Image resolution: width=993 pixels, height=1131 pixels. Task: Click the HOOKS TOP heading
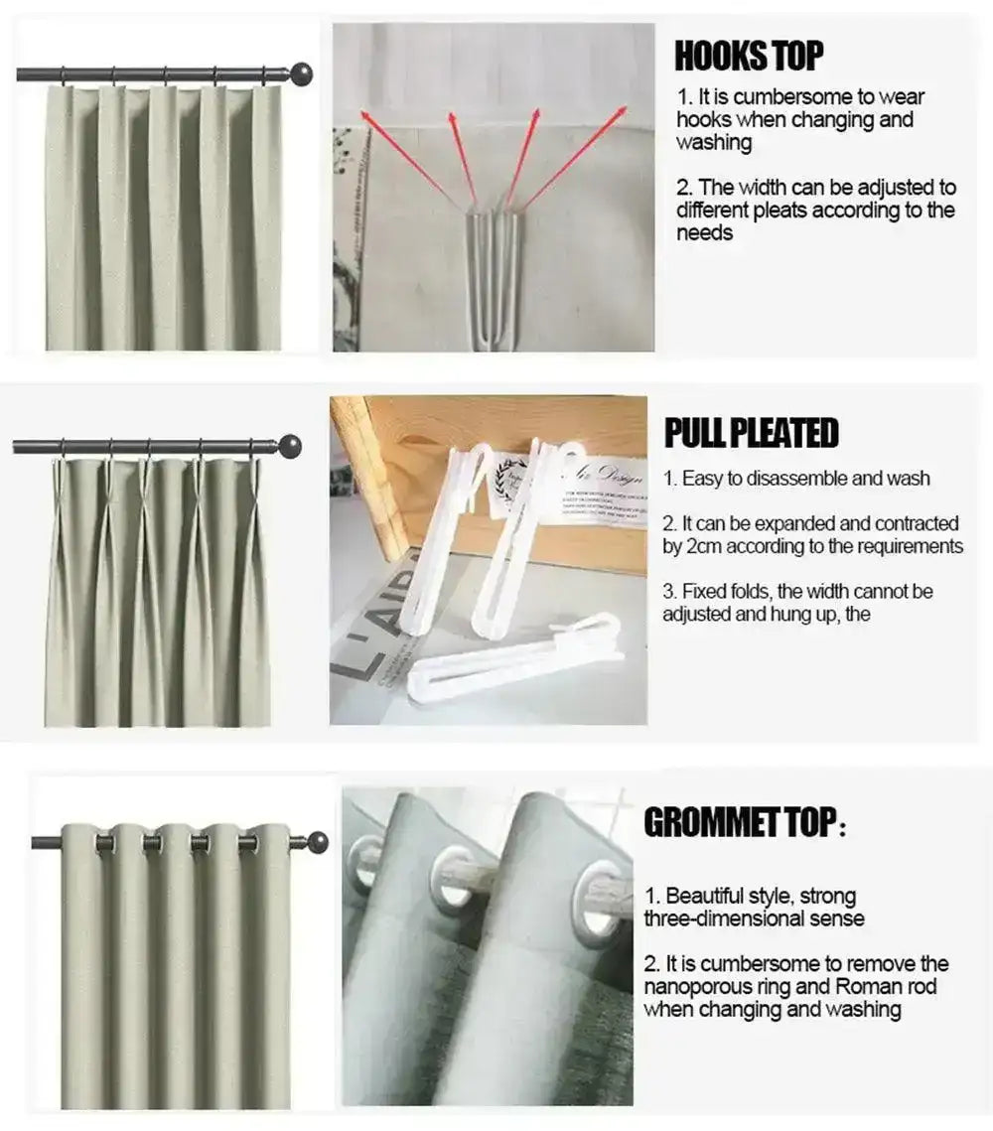coord(749,57)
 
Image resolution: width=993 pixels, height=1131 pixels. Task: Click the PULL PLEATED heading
coord(751,433)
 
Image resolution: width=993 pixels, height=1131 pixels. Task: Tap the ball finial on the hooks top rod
coord(301,73)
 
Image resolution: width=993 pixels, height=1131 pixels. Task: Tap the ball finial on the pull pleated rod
coord(290,445)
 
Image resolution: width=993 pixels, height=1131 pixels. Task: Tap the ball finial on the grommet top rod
coord(317,842)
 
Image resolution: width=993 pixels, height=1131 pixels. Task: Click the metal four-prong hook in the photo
coord(492,268)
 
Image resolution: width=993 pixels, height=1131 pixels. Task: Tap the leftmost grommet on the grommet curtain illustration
coord(104,843)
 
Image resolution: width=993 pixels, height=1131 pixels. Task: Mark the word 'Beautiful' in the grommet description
coord(708,896)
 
